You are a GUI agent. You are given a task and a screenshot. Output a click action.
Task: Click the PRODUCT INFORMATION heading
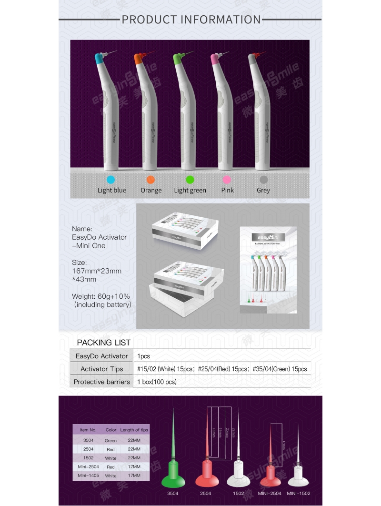191,20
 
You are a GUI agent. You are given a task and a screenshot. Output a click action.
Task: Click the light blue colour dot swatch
111,180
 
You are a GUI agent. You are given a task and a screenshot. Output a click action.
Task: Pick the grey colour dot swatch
263,180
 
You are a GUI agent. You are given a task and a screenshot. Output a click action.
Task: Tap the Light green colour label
190,190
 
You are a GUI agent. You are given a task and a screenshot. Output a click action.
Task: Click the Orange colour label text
151,190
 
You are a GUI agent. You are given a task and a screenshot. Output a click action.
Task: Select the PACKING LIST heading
103,343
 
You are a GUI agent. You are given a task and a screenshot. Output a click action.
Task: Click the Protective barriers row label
102,382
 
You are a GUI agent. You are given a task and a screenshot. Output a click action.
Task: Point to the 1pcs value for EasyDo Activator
143,356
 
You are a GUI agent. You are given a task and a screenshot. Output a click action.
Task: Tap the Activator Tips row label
102,369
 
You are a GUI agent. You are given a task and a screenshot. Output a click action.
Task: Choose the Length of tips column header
134,430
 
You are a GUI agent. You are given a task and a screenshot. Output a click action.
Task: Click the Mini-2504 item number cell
88,467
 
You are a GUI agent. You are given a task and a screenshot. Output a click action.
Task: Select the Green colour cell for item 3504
110,441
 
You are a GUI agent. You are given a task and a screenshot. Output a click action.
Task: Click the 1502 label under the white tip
239,494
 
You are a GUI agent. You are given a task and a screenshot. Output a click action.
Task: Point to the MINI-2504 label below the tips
270,494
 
